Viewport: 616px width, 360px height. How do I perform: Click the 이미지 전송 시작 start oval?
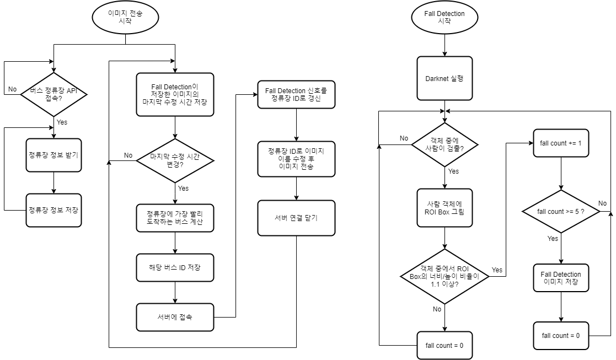coord(126,17)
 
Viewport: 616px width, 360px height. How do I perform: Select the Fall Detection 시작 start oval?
coord(444,17)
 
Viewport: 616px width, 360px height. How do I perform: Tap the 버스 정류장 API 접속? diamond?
coord(53,94)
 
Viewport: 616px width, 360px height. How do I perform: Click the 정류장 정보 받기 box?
coord(53,155)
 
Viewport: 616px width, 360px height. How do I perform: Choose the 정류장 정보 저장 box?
coord(53,210)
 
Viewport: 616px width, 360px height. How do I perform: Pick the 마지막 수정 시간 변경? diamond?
coord(175,160)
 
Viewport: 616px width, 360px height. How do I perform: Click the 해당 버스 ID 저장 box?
coord(175,267)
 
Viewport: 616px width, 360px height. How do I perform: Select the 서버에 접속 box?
coord(175,317)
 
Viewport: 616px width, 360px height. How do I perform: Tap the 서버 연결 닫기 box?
coord(296,218)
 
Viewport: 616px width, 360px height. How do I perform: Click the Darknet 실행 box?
coord(444,78)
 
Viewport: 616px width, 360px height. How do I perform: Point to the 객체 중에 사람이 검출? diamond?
coord(444,144)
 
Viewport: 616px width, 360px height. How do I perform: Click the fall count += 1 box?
coord(561,143)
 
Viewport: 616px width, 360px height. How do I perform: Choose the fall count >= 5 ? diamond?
coord(561,212)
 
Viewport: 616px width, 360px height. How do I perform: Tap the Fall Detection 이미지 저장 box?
coord(561,278)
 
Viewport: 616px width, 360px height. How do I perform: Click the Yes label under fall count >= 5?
coord(553,239)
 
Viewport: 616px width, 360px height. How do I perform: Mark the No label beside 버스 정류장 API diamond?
coord(12,89)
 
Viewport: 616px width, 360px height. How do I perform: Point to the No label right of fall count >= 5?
coord(602,203)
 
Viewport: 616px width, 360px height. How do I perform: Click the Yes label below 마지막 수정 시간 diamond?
coord(183,189)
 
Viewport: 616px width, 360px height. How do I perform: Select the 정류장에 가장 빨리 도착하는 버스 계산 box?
coord(175,218)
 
